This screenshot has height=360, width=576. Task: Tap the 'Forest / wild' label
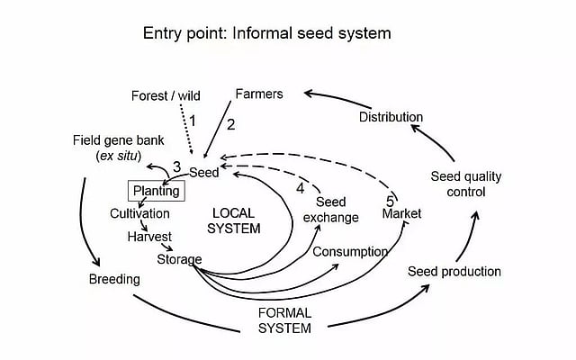coord(166,95)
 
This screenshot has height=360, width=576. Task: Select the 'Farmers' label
coord(259,94)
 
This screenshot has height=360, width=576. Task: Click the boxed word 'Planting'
coord(156,191)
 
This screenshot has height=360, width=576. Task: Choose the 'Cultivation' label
coord(139,213)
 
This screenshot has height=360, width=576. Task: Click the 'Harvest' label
coord(149,238)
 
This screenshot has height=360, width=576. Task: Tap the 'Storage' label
coord(179,259)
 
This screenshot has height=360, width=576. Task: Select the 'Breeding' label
coord(114,279)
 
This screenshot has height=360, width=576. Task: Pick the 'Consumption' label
coord(350,252)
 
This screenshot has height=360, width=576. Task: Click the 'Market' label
coord(401,214)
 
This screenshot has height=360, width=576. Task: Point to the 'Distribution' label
coord(391,117)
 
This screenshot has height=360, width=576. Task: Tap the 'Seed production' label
coord(454,271)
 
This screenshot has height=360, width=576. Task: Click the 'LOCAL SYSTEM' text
coord(235,220)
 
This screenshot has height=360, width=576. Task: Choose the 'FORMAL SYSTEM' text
coord(284,320)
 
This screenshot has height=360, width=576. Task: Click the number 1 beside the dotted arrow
coord(190,118)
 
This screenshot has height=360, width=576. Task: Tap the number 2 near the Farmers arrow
coord(230,125)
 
